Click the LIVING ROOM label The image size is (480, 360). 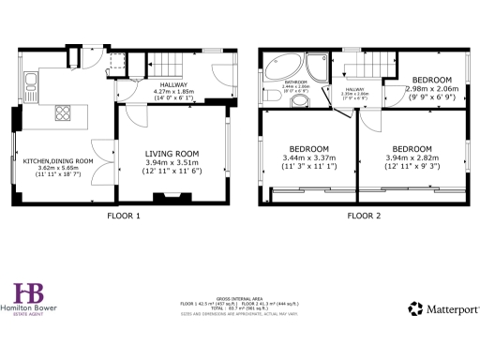click(170, 153)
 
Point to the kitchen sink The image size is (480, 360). click(29, 87)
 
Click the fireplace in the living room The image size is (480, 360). click(170, 197)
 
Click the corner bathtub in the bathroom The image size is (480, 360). click(282, 67)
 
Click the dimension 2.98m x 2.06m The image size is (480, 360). click(433, 88)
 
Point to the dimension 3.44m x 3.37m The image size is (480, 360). click(307, 159)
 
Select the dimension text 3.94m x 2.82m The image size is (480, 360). click(412, 159)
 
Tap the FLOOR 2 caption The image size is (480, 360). click(364, 216)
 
